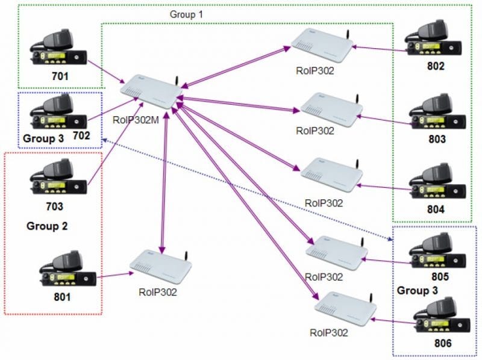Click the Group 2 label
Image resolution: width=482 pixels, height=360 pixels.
[x=47, y=226]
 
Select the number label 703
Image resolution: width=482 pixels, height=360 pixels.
[x=55, y=206]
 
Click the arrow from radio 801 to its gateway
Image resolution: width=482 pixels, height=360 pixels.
[x=117, y=275]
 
